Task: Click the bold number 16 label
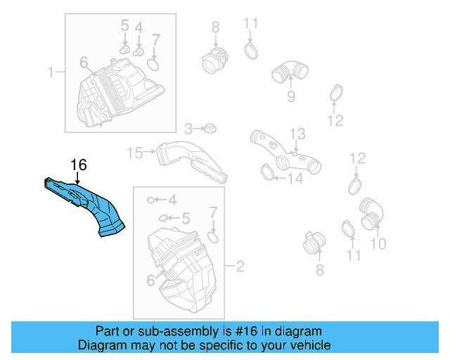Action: pos(78,165)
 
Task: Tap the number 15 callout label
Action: pos(134,152)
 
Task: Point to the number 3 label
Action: pos(188,129)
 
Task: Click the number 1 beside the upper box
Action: pos(51,72)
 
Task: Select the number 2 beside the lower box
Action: pos(239,266)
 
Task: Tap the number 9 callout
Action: pos(290,96)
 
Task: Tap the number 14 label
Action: pos(295,179)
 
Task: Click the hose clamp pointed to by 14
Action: pos(267,171)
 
